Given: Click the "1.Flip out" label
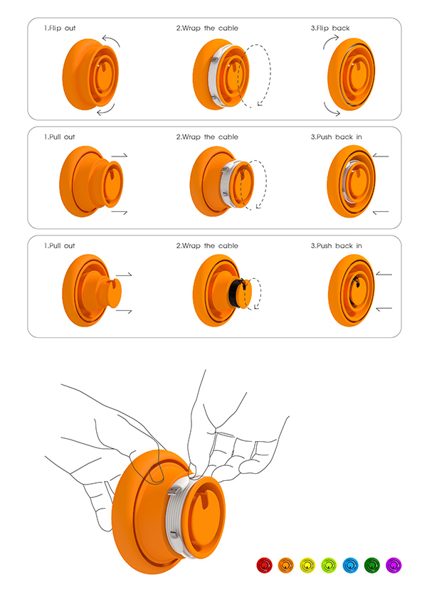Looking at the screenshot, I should (60, 28).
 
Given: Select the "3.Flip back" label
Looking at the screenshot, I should (331, 28).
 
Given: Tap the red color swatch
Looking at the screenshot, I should (265, 566).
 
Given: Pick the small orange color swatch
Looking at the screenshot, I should (286, 566).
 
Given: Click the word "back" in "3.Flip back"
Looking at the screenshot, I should (341, 28).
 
